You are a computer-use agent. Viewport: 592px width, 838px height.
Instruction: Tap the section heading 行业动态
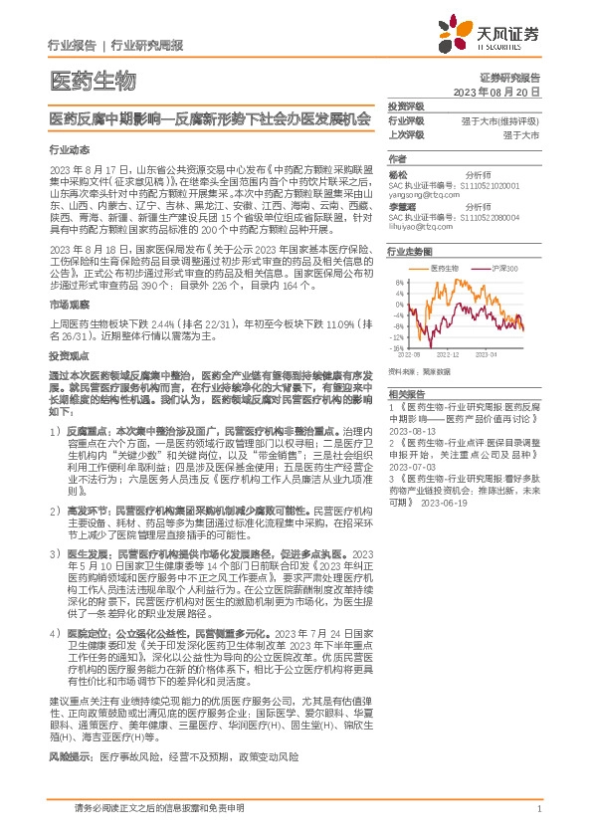coord(69,149)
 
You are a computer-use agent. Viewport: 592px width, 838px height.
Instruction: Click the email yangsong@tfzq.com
coord(423,195)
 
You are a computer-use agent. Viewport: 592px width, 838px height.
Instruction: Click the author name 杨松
coord(398,172)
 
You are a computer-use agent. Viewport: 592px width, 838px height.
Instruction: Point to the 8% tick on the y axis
coord(398,282)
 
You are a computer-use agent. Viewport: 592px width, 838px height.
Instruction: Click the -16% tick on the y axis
coord(397,348)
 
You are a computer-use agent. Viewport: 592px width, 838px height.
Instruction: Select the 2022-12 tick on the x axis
coord(450,354)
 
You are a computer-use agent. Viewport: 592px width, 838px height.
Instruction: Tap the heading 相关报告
coord(406,395)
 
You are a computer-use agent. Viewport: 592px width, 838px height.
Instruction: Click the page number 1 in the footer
coord(537,809)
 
